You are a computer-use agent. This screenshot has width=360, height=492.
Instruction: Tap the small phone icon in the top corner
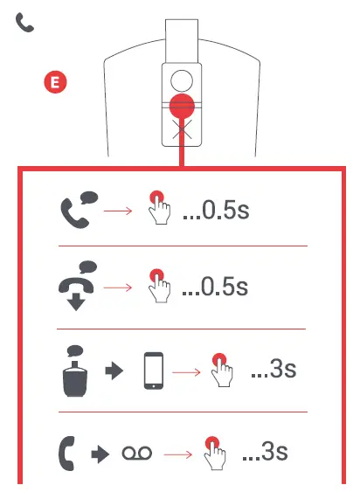pos(24,24)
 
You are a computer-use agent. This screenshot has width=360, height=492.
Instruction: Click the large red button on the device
pos(181,107)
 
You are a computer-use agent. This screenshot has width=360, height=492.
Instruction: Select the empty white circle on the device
pos(181,81)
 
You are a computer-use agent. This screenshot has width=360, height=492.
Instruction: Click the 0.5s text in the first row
pos(216,212)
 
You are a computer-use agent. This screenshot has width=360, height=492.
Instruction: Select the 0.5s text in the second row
pos(216,286)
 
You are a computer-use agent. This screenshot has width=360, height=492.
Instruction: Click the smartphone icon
pos(154,371)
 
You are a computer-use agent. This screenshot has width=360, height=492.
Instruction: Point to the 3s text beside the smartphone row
pos(273,369)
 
